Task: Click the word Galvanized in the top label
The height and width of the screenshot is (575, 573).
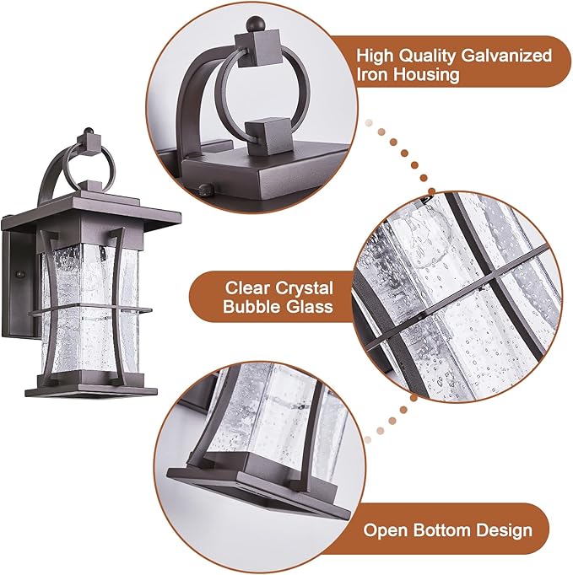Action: click(x=504, y=56)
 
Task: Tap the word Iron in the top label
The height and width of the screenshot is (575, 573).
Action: click(x=374, y=75)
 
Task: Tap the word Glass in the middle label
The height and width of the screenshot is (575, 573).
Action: click(x=309, y=307)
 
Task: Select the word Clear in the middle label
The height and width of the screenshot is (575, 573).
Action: click(x=245, y=287)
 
